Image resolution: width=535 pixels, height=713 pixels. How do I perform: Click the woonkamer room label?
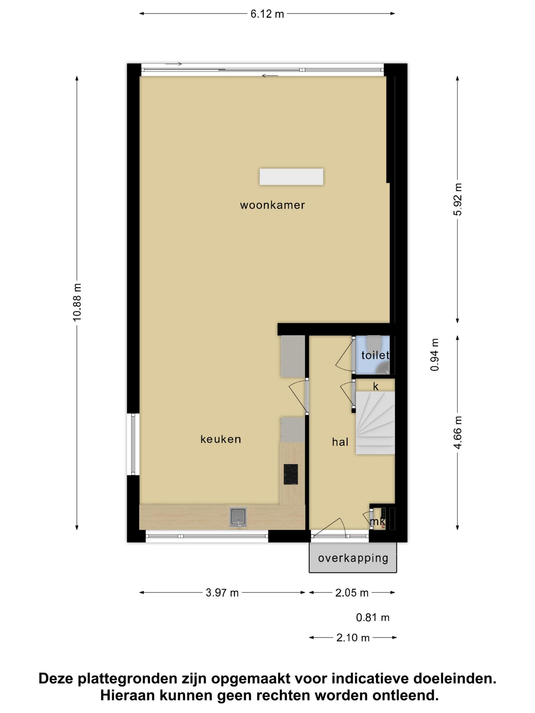[272, 205]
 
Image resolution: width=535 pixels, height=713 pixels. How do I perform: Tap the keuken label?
[221, 439]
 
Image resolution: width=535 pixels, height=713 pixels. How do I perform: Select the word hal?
[340, 442]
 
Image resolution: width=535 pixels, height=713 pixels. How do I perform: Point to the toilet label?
[375, 355]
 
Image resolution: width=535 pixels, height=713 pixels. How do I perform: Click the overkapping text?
[353, 558]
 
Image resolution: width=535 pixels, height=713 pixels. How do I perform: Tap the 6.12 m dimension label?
[267, 14]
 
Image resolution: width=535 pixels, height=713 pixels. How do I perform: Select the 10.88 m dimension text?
[77, 302]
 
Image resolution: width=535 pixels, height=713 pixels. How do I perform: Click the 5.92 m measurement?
[458, 199]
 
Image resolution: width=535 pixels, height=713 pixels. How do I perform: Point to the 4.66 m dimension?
[458, 433]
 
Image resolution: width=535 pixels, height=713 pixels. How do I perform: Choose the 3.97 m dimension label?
[222, 593]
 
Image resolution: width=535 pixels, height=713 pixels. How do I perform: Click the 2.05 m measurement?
[352, 593]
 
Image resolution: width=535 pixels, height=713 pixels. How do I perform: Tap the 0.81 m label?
[373, 618]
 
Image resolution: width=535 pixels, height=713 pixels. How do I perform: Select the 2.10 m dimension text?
[353, 638]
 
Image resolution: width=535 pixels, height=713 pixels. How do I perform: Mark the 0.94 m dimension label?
[434, 355]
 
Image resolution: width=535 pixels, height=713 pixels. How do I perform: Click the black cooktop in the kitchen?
[291, 474]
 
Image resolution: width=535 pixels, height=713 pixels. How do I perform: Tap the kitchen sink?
[238, 517]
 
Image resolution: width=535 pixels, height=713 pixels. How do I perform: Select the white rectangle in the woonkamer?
[291, 177]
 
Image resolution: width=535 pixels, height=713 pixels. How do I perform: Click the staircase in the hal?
[375, 423]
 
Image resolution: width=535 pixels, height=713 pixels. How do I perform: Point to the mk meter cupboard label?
[378, 522]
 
